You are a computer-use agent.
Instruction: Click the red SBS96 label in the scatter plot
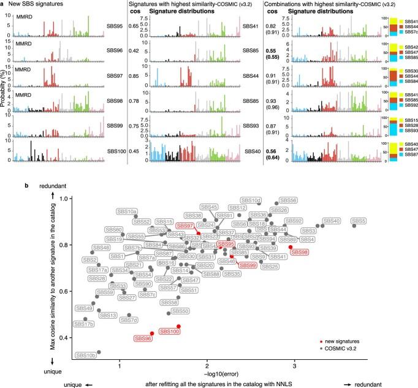tap(143, 337)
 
